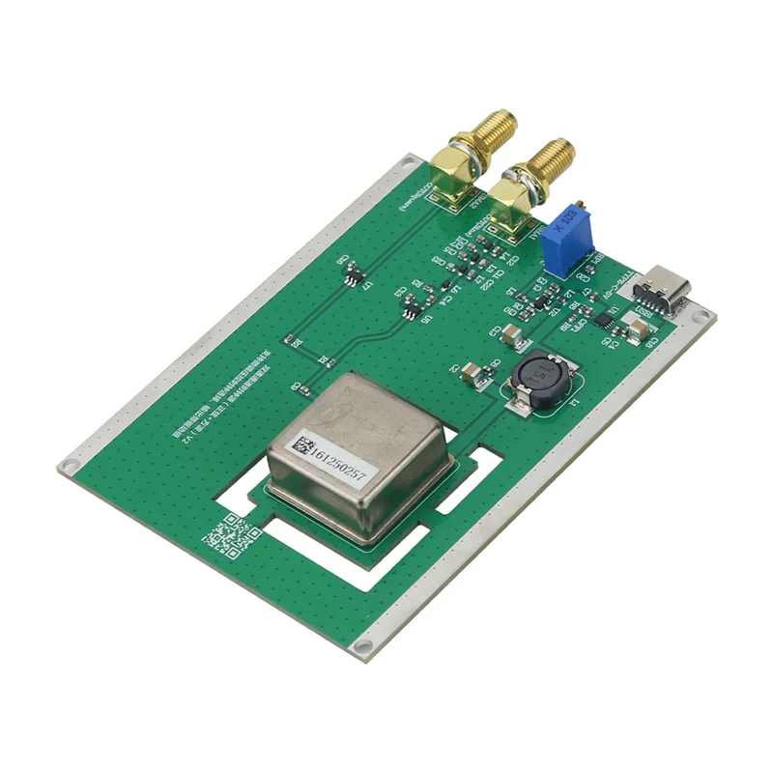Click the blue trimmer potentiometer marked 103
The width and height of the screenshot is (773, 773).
(x=566, y=238)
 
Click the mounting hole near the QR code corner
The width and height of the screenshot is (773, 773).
(x=67, y=467)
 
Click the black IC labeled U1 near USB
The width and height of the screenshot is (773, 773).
(x=603, y=318)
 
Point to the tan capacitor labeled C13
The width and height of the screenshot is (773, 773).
(x=513, y=335)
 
